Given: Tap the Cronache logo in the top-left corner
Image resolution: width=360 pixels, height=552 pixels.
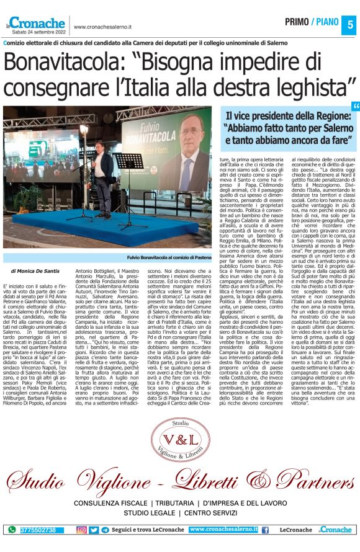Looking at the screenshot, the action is point(37,23).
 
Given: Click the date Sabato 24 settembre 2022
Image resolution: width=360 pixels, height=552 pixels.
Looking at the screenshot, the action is point(36,32).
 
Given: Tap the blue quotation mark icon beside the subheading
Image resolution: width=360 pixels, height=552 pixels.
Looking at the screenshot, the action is point(355,107).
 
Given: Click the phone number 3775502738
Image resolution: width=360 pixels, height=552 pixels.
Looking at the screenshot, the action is point(37,530).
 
